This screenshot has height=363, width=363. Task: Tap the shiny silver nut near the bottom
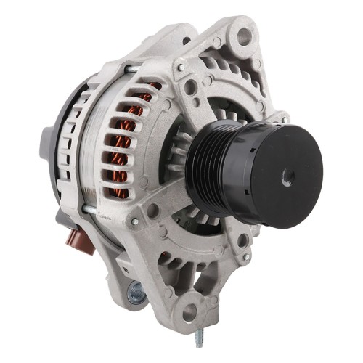135,291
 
